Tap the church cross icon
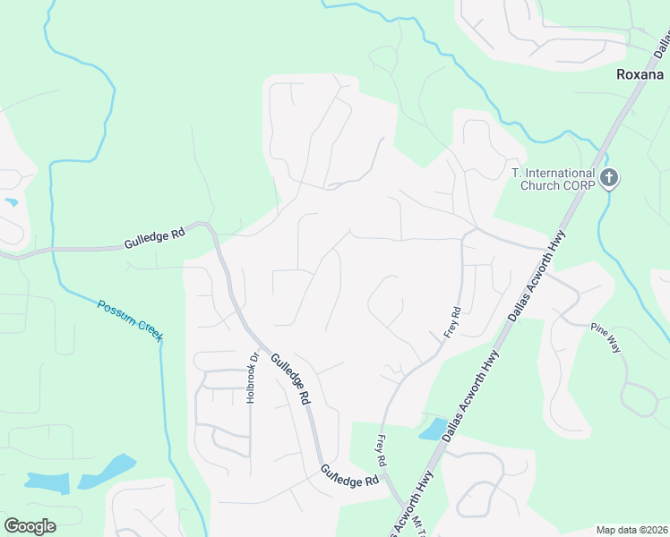tap(609, 178)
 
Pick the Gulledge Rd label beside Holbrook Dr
tap(291, 379)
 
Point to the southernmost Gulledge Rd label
tap(350, 475)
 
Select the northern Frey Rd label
tap(452, 322)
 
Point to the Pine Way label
tap(605, 336)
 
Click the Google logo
tap(30, 526)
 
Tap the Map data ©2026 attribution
tap(631, 530)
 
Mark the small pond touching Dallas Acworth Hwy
tap(433, 429)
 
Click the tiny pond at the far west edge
tap(11, 202)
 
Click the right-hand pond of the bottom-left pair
tap(107, 472)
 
